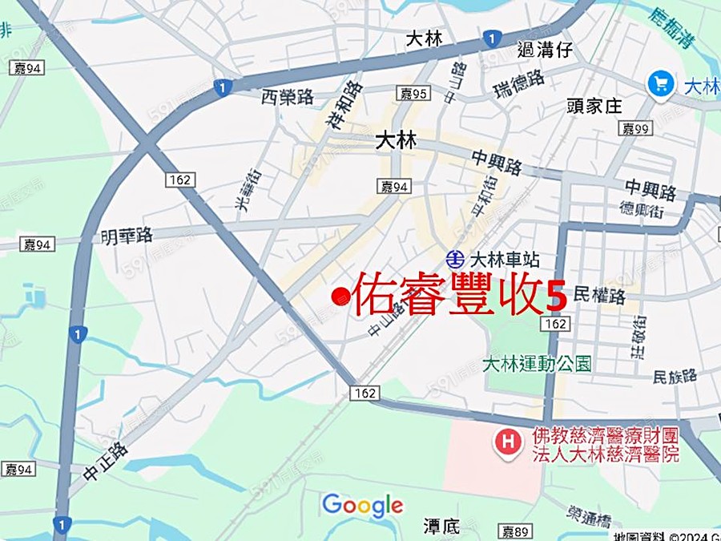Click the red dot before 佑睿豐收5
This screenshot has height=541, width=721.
point(340,298)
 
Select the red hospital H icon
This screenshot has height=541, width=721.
point(507,441)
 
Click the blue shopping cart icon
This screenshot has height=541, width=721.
point(660,83)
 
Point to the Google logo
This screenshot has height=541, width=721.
point(362,505)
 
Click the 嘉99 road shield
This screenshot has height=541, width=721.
point(637,128)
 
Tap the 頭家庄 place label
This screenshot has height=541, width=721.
point(594,106)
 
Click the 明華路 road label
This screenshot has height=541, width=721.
point(126,236)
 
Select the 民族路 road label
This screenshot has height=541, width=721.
point(675,375)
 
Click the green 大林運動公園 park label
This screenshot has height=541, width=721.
point(538,365)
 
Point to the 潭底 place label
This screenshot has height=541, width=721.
point(441,526)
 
